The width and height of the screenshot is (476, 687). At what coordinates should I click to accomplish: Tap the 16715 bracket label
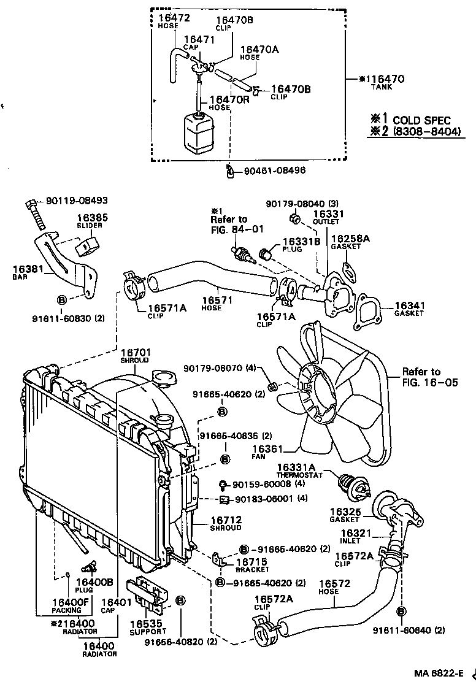pos(251,564)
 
